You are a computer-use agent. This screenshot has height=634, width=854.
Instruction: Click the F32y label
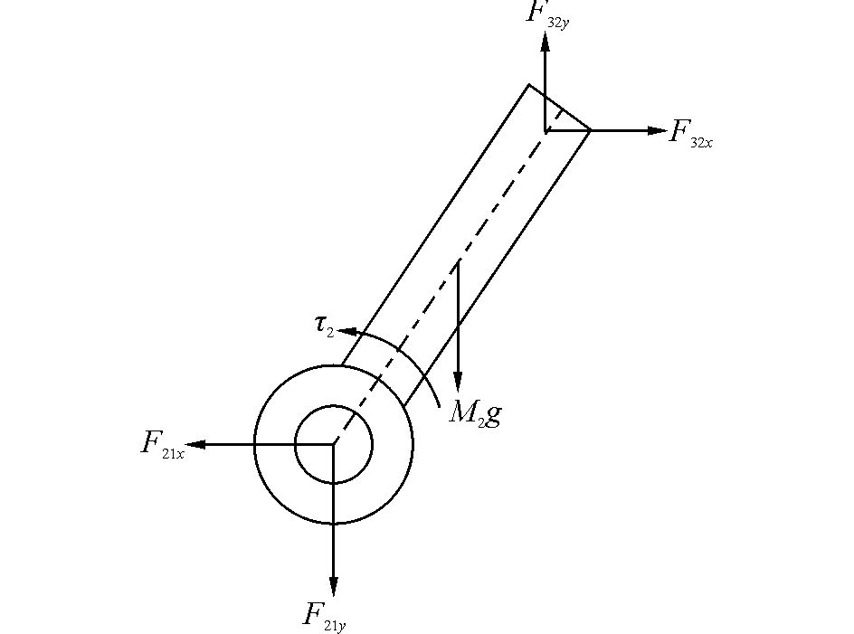[546, 15]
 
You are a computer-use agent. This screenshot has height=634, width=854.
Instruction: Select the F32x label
[690, 134]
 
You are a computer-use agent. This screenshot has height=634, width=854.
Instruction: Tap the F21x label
[163, 445]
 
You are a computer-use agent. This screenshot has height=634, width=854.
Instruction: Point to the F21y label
[325, 617]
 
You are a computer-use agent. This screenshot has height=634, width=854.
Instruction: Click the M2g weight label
[475, 413]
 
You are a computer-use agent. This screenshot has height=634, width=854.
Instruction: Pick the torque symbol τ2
[324, 326]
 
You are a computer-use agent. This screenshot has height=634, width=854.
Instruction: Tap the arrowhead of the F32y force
[546, 43]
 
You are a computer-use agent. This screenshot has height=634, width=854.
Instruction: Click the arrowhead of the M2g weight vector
[458, 384]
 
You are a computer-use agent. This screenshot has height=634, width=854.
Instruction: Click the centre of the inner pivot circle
[334, 444]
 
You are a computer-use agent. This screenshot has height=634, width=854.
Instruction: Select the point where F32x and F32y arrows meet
[546, 131]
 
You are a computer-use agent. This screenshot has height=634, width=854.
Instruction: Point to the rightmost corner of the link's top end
[591, 130]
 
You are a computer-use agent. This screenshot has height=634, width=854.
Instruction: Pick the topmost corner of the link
[529, 84]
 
